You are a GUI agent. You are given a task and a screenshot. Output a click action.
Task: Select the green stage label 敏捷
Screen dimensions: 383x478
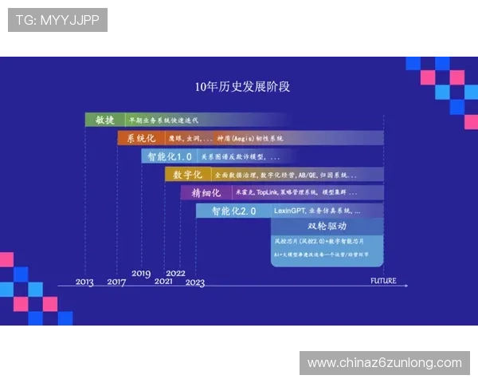105,120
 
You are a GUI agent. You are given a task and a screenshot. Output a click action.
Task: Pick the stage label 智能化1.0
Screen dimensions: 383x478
169,156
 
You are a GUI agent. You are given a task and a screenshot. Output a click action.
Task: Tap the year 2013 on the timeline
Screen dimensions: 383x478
84,282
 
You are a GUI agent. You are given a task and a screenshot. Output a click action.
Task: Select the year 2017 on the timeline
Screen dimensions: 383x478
116,282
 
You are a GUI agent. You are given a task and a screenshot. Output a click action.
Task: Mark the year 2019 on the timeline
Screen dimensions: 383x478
141,274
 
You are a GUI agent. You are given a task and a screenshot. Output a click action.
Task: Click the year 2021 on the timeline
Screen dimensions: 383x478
163,282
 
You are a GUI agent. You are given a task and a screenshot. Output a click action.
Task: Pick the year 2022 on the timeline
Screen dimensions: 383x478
176,274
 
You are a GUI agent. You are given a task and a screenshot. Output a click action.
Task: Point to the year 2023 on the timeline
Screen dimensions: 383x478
195,282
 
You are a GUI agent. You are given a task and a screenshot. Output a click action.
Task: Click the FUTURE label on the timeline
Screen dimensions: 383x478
383,280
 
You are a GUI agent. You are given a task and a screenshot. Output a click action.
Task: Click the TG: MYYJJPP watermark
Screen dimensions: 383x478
57,20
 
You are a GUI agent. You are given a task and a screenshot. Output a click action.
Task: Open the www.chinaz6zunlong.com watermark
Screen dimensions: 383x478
385,363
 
